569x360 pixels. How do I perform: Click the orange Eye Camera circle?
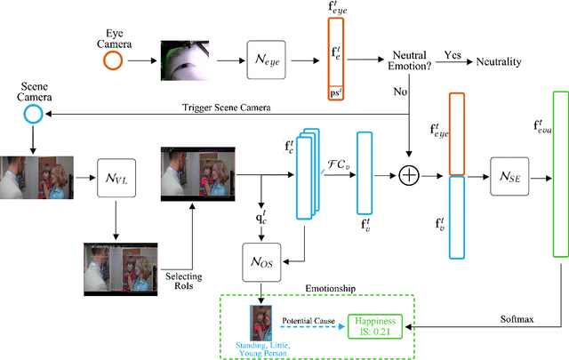(111, 61)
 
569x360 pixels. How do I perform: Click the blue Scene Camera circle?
(34, 115)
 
